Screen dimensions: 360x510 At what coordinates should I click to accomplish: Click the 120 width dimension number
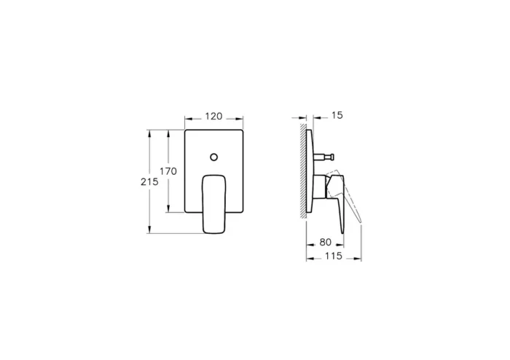pos(213,117)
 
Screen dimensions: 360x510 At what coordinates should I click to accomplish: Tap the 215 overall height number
pos(149,182)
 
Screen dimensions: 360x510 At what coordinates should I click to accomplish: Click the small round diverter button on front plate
pos(214,157)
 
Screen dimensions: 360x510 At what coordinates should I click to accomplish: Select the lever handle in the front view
pos(213,203)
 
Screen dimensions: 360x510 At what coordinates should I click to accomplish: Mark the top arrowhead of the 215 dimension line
pos(149,133)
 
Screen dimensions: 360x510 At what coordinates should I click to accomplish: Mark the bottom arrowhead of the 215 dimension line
pos(149,231)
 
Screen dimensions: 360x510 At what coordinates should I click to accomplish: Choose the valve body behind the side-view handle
pos(319,186)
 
